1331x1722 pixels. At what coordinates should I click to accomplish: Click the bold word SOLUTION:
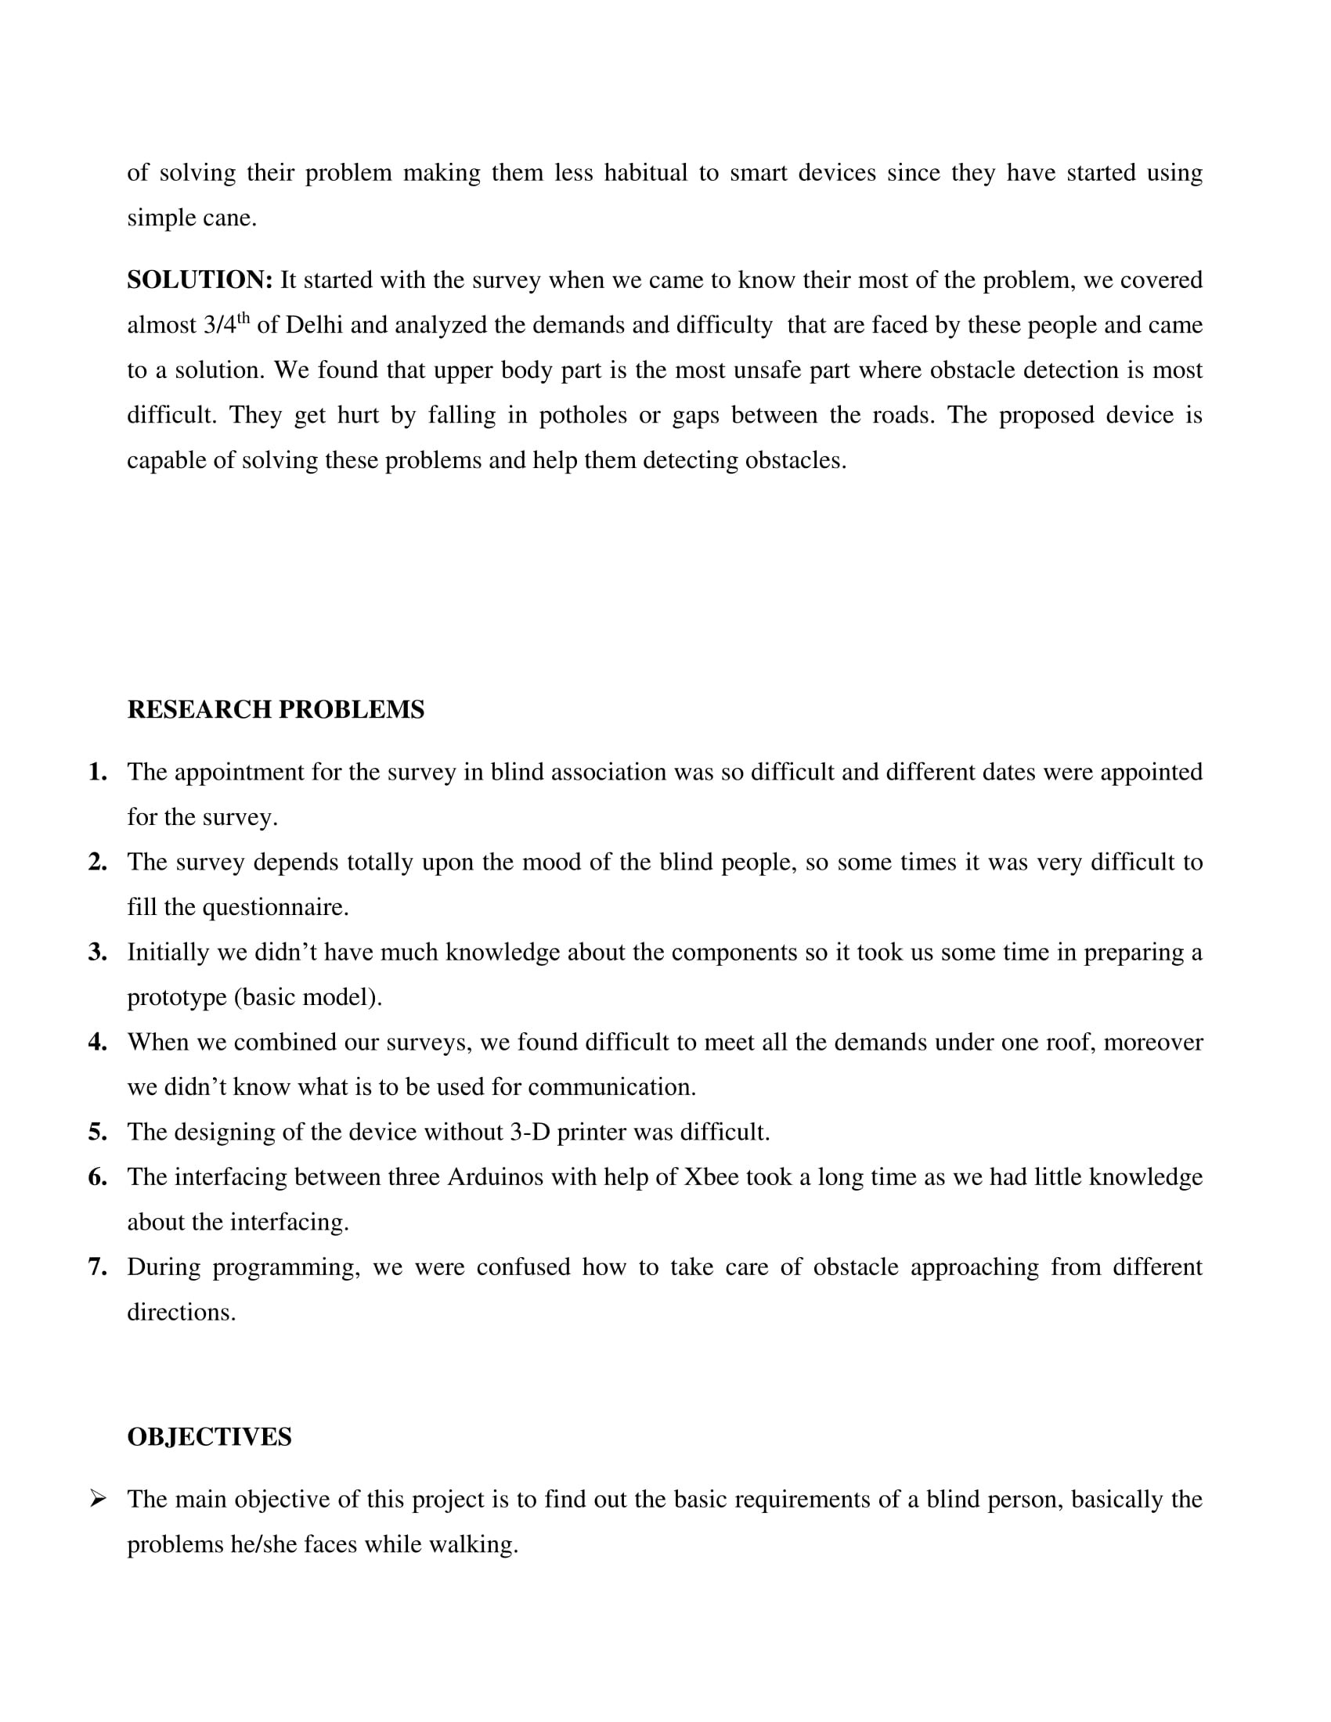tap(200, 280)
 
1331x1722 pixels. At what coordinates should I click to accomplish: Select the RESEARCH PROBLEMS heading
tap(275, 710)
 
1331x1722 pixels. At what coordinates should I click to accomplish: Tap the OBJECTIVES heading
tap(209, 1436)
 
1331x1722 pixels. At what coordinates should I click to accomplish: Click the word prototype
tap(177, 997)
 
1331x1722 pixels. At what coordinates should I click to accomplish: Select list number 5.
tap(98, 1133)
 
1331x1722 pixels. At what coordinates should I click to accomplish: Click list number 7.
tap(98, 1267)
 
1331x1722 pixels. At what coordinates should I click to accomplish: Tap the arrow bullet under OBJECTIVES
tap(98, 1498)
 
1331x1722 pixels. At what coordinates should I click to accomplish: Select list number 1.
tap(98, 772)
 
